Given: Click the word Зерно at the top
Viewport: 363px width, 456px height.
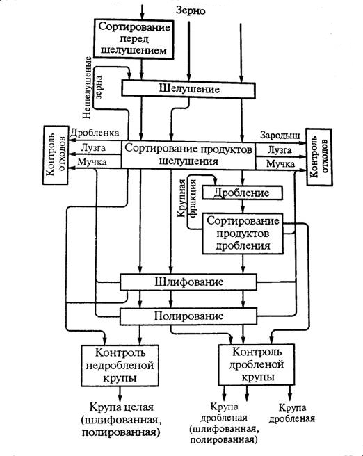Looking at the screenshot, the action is [191, 10].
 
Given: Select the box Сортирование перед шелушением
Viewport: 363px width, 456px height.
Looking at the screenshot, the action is [134, 39].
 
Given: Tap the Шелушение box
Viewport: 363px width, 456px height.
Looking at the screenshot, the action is [188, 89].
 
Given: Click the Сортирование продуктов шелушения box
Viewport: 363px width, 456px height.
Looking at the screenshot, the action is [188, 155].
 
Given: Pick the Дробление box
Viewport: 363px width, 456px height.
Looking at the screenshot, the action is [242, 193].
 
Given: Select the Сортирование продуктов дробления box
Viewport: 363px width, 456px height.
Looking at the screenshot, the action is [243, 234].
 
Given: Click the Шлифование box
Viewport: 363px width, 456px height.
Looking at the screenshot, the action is [188, 282].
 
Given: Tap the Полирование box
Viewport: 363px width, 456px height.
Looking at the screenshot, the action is [188, 316].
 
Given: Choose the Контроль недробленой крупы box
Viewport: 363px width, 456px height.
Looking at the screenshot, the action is [120, 365].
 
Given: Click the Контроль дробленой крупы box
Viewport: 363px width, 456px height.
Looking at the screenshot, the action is [256, 365].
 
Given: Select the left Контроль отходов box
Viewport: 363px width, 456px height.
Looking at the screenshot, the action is [56, 155].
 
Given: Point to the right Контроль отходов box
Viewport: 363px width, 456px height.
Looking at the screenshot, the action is [319, 157].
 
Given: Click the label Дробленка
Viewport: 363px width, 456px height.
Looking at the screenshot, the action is [95, 133].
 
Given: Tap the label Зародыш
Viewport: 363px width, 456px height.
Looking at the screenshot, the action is [280, 136].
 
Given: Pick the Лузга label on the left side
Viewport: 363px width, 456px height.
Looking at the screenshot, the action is [93, 148].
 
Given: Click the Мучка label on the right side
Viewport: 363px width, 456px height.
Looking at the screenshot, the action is [280, 164].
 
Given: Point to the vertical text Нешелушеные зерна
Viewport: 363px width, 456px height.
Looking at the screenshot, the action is [92, 88].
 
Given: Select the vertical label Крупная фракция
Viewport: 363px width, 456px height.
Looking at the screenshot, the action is [187, 198].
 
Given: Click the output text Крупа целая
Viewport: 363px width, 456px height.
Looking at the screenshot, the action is [121, 406].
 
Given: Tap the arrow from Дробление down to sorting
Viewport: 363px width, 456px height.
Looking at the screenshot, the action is [243, 206].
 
